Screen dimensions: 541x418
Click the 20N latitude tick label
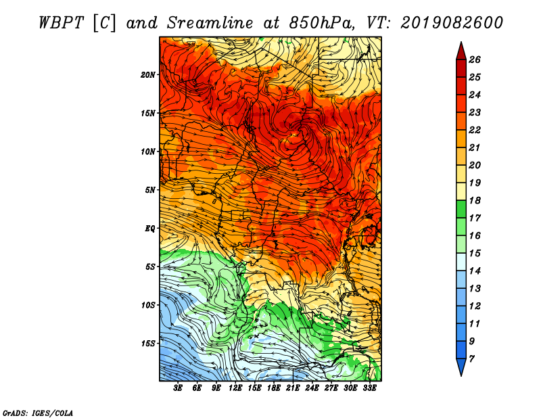click(x=148, y=75)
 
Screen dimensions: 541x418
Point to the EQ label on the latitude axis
click(x=150, y=229)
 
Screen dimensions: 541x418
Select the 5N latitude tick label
click(x=150, y=190)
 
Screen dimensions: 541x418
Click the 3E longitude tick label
click(x=178, y=388)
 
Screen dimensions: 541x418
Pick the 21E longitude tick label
click(x=293, y=388)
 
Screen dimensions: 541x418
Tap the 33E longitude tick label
click(x=369, y=388)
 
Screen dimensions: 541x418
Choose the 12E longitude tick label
click(x=235, y=388)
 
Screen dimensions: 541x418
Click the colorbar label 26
click(x=475, y=60)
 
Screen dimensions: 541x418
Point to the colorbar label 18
click(x=475, y=200)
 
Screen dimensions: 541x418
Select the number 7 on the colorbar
click(x=471, y=359)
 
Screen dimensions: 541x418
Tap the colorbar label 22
click(x=475, y=130)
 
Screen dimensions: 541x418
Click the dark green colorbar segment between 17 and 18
click(x=461, y=209)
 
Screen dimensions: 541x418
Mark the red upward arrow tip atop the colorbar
click(x=461, y=42)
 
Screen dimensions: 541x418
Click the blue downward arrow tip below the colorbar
click(x=461, y=375)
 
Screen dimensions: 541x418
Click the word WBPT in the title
click(x=61, y=23)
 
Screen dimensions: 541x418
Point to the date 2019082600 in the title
click(x=452, y=23)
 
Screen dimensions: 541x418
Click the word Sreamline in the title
click(x=210, y=23)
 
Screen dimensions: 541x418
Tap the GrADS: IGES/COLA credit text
click(x=38, y=413)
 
